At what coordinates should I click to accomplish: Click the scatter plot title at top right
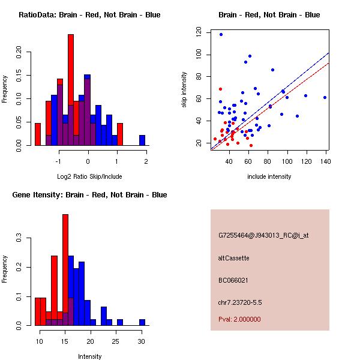(269, 15)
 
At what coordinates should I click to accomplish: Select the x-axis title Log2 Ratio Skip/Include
(89, 176)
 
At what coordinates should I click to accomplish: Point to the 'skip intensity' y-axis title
(185, 90)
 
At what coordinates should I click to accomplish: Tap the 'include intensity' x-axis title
(269, 176)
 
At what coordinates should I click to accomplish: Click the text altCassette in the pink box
(234, 258)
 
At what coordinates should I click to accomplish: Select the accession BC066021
(233, 280)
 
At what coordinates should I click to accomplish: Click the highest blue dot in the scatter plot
(221, 35)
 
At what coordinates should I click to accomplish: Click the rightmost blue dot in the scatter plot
(325, 97)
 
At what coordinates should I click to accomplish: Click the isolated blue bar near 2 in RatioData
(142, 140)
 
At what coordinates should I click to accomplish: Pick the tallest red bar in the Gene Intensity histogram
(65, 270)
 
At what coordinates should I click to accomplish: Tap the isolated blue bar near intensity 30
(142, 322)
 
